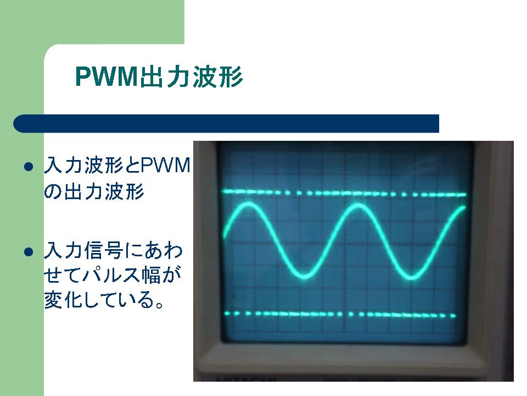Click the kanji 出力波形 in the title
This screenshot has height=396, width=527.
pos(191,77)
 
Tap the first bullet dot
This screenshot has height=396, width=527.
pos(29,166)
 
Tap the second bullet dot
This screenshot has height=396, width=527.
pos(29,252)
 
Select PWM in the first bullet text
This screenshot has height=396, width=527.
pos(165,166)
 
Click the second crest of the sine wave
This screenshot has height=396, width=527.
pos(358,204)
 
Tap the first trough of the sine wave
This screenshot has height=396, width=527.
pos(305,277)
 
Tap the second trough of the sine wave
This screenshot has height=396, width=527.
pos(411,277)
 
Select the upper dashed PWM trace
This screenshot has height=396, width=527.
pos(344,193)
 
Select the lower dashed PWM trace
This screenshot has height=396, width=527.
pos(339,315)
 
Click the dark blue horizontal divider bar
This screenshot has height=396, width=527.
pos(226,124)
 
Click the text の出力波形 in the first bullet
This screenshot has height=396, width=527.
pos(94,191)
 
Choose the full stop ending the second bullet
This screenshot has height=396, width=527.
pos(159,304)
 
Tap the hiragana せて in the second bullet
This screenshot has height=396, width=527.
pos(63,275)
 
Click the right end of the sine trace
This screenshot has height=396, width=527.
pos(465,207)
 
